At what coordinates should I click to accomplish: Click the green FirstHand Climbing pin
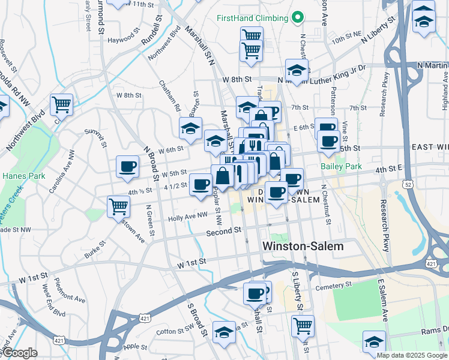coord(296,18)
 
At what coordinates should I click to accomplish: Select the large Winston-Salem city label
coord(303,247)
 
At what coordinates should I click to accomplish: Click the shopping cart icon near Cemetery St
coord(303,326)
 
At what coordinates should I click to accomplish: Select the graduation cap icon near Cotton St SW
coord(224,332)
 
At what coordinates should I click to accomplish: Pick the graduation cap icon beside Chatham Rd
coord(190,128)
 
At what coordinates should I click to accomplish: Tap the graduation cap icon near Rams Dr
coord(374,341)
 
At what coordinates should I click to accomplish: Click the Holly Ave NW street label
coord(188,219)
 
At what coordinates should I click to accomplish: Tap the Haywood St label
coord(124,41)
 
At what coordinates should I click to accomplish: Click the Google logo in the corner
coord(19,353)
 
